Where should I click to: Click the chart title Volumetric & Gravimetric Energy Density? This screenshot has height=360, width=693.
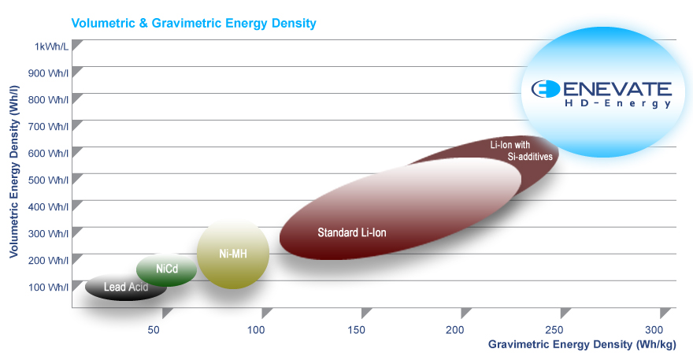pyautogui.click(x=194, y=23)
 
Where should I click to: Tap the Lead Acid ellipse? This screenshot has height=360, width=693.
pyautogui.click(x=125, y=287)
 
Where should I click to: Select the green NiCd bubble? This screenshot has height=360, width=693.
pyautogui.click(x=166, y=269)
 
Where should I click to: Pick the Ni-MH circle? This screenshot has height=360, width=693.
pyautogui.click(x=233, y=254)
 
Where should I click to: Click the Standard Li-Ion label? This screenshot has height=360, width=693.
pyautogui.click(x=352, y=232)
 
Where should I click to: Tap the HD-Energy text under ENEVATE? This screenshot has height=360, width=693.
pyautogui.click(x=622, y=103)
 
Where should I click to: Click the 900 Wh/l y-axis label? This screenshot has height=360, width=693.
pyautogui.click(x=49, y=73)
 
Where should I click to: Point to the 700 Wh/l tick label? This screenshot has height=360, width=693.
pyautogui.click(x=49, y=126)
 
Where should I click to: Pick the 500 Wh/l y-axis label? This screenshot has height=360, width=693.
pyautogui.click(x=49, y=180)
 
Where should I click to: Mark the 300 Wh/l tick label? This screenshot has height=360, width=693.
pyautogui.click(x=49, y=233)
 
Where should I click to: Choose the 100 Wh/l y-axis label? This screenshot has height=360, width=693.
pyautogui.click(x=49, y=287)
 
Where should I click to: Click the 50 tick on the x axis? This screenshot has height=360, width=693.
pyautogui.click(x=155, y=328)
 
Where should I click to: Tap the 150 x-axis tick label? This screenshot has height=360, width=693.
pyautogui.click(x=356, y=328)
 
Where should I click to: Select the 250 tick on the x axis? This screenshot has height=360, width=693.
pyautogui.click(x=554, y=328)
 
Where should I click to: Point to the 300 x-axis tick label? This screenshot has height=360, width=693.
pyautogui.click(x=654, y=328)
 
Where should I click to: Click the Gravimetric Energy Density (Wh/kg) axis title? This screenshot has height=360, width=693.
pyautogui.click(x=582, y=344)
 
